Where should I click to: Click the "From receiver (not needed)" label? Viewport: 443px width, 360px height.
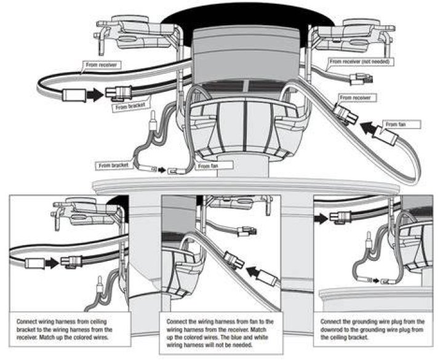pyautogui.click(x=361, y=62)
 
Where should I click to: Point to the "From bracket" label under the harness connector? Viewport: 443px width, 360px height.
pyautogui.click(x=130, y=106)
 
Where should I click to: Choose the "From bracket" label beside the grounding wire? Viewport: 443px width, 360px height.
pyautogui.click(x=113, y=166)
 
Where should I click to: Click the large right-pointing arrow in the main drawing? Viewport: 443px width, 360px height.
pyautogui.click(x=95, y=94)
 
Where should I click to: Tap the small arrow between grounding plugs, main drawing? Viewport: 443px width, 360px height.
pyautogui.click(x=162, y=170)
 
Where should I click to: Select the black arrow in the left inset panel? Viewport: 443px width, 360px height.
pyautogui.click(x=52, y=263)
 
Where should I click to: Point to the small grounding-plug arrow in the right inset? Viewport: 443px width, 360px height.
pyautogui.click(x=376, y=281)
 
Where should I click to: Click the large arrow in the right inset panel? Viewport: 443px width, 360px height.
pyautogui.click(x=321, y=218)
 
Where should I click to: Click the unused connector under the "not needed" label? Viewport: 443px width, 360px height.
pyautogui.click(x=361, y=79)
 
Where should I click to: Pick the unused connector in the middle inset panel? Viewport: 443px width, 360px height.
pyautogui.click(x=247, y=231)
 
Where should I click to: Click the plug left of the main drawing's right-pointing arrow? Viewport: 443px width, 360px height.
pyautogui.click(x=74, y=95)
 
